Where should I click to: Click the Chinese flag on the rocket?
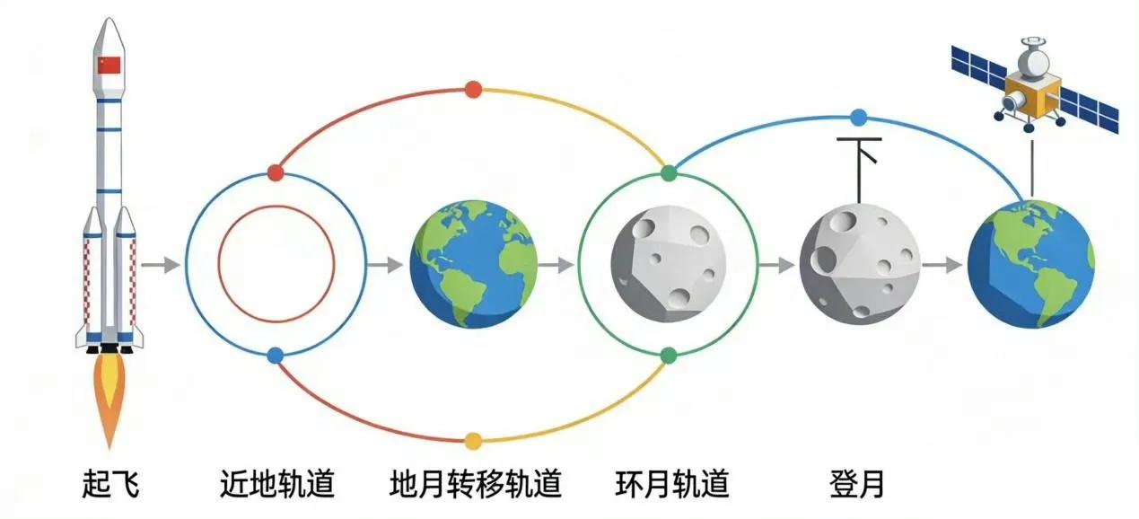tap(108, 66)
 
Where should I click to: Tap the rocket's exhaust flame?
tap(109, 395)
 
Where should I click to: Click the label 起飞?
tap(110, 485)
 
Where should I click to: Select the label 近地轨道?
tap(276, 485)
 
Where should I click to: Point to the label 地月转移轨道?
tap(476, 485)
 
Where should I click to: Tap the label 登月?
tap(857, 485)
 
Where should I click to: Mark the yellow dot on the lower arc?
tap(474, 440)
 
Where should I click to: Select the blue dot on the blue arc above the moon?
tap(858, 116)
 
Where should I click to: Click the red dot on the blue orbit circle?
tap(276, 172)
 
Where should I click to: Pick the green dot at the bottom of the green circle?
tap(668, 355)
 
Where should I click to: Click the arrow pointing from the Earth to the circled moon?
tap(556, 265)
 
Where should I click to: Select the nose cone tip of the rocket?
tap(108, 20)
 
